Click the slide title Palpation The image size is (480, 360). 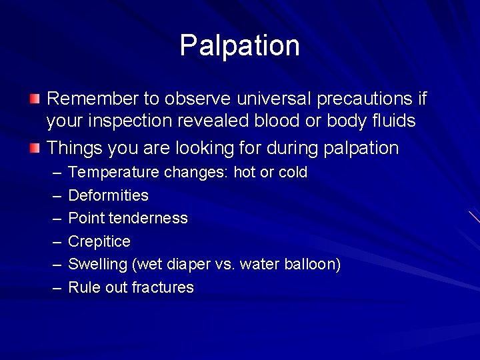pyautogui.click(x=239, y=46)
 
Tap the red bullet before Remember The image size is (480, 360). pyautogui.click(x=35, y=99)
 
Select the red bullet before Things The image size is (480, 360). pyautogui.click(x=35, y=148)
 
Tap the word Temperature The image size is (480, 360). pyautogui.click(x=113, y=173)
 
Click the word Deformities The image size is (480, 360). pyautogui.click(x=108, y=195)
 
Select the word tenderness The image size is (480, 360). pyautogui.click(x=154, y=218)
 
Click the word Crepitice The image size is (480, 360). pyautogui.click(x=99, y=241)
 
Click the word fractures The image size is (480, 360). pyautogui.click(x=163, y=287)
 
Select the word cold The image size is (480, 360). pyautogui.click(x=293, y=173)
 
